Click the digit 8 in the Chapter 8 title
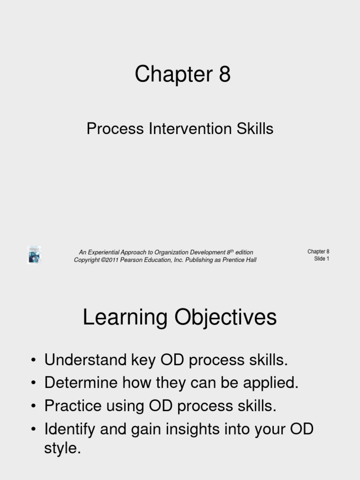[x=224, y=74]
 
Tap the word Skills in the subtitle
[x=255, y=128]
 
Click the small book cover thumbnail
[x=34, y=255]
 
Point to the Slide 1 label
[x=322, y=259]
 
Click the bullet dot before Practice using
[x=33, y=406]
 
